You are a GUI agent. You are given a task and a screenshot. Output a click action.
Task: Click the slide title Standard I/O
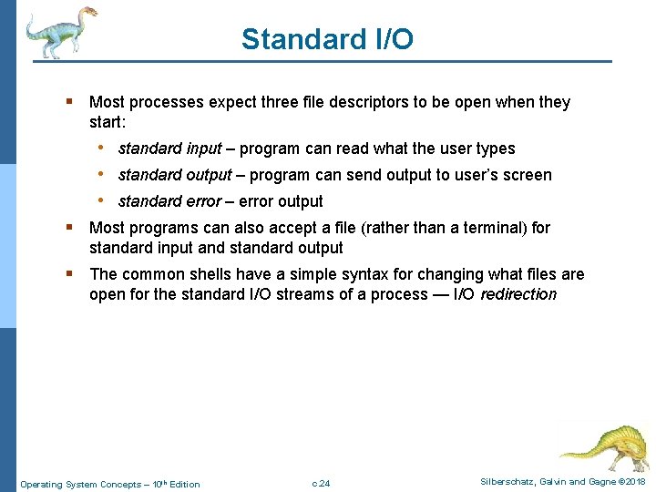327,39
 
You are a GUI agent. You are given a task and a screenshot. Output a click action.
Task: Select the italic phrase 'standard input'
169,149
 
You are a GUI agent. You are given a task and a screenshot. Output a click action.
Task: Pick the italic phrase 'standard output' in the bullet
175,175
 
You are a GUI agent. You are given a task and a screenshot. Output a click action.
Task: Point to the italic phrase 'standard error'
169,201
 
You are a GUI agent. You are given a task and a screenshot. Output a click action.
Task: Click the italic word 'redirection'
518,294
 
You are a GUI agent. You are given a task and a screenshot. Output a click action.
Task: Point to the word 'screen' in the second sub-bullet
528,175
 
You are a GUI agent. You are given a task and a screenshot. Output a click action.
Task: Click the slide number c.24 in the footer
321,483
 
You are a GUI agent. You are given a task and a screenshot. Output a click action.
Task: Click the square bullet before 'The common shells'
71,274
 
